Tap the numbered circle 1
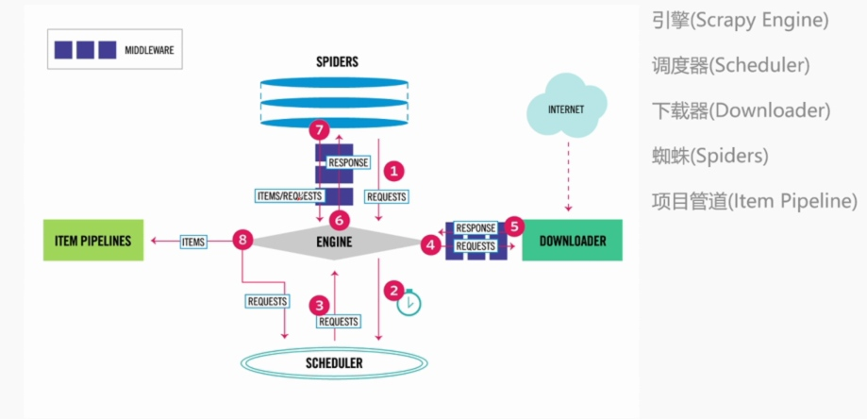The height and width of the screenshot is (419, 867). [394, 171]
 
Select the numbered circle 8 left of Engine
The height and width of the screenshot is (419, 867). [243, 242]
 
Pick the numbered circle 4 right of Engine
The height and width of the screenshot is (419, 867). [431, 243]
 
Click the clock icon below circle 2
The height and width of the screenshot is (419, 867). [408, 304]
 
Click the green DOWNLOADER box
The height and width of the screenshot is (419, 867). [572, 242]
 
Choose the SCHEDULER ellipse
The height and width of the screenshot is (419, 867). [333, 362]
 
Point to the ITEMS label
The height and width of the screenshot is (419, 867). [192, 243]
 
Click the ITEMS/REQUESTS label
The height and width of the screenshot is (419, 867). [289, 196]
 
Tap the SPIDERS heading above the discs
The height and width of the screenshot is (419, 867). [337, 62]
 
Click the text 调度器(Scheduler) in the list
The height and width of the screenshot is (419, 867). [730, 66]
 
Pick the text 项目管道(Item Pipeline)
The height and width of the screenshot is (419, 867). [754, 201]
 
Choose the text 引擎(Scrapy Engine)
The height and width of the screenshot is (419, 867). [740, 20]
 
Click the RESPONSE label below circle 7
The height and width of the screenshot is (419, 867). [348, 162]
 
